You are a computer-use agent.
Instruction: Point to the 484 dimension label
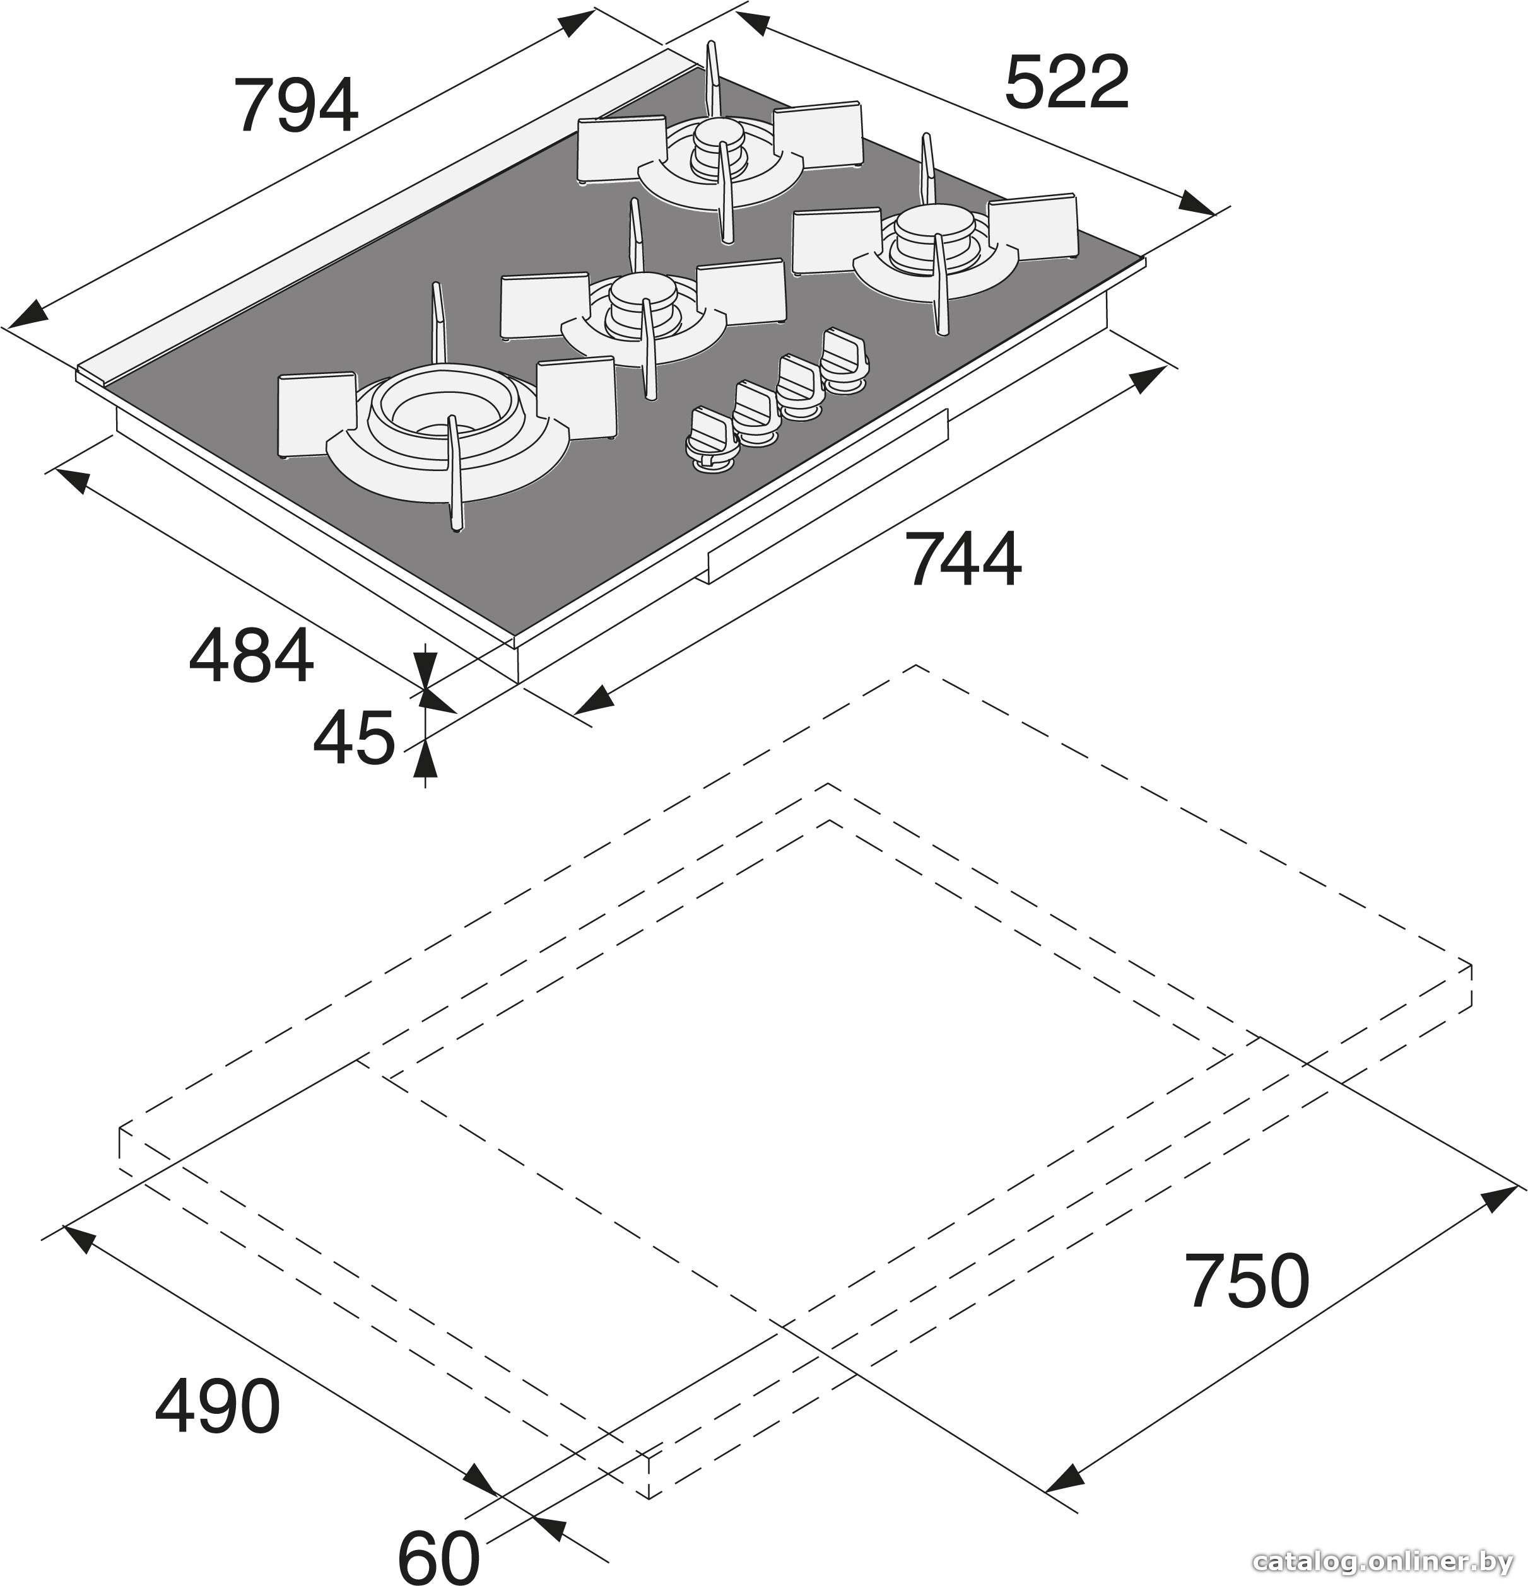[x=251, y=655]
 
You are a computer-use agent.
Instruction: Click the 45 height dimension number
[x=354, y=737]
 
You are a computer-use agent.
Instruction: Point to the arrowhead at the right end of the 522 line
[x=1198, y=203]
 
